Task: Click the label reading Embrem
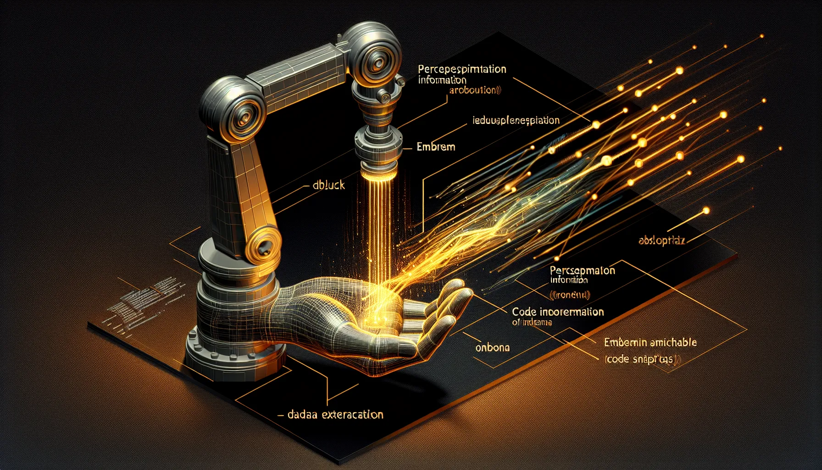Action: pyautogui.click(x=436, y=147)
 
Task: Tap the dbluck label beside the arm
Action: pyautogui.click(x=328, y=185)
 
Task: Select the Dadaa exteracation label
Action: pyautogui.click(x=335, y=415)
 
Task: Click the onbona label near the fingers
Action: pyautogui.click(x=492, y=347)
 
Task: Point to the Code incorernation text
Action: pyautogui.click(x=558, y=312)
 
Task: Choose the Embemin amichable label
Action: pyautogui.click(x=650, y=342)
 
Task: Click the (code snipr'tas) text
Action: pyautogui.click(x=642, y=359)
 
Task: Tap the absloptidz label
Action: pyautogui.click(x=661, y=240)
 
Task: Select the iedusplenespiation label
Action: pyautogui.click(x=516, y=121)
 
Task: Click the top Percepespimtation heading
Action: pyautogui.click(x=462, y=69)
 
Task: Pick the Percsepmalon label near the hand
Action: pyautogui.click(x=582, y=270)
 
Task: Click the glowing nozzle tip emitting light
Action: pyautogui.click(x=377, y=174)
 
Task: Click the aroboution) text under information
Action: pyautogui.click(x=475, y=90)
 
